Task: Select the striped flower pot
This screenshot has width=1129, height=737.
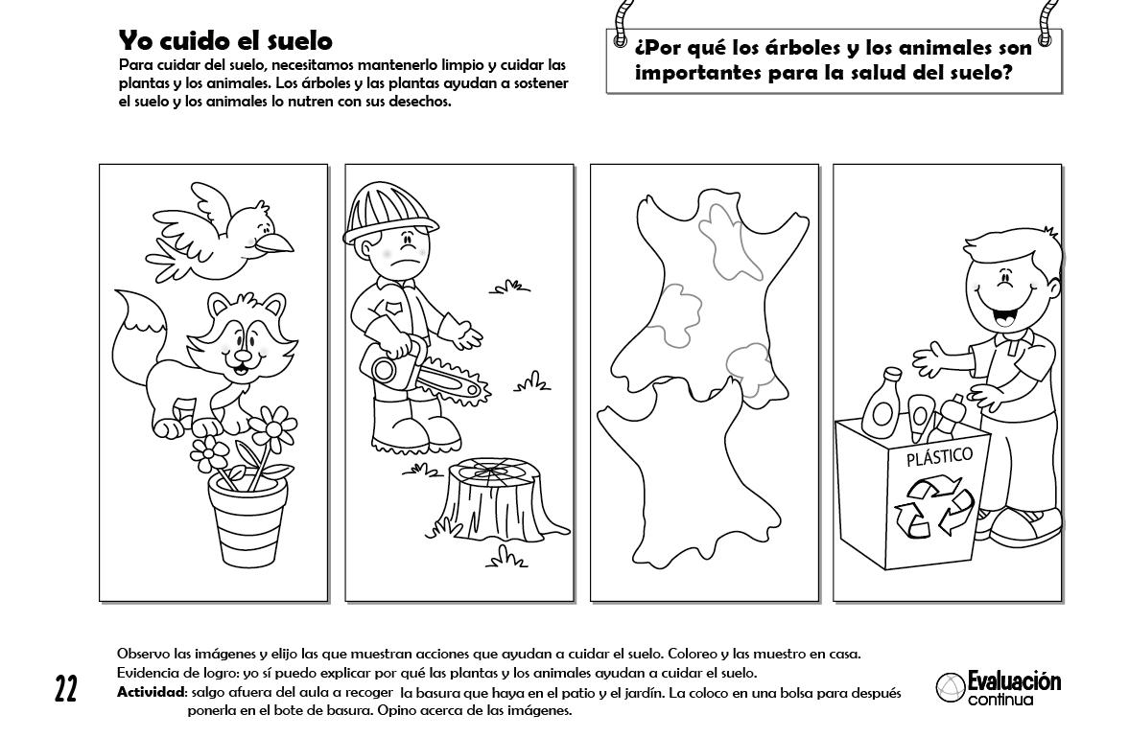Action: [247, 518]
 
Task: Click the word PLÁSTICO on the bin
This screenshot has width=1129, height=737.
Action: [939, 456]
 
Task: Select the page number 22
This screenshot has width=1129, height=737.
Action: [65, 689]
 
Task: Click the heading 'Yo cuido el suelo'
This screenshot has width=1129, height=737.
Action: [225, 40]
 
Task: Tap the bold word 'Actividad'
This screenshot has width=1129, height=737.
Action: [152, 693]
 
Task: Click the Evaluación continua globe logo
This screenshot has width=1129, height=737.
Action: [950, 688]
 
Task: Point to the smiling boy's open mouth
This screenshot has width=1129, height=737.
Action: [1003, 313]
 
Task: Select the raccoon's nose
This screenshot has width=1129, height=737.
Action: [244, 355]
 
